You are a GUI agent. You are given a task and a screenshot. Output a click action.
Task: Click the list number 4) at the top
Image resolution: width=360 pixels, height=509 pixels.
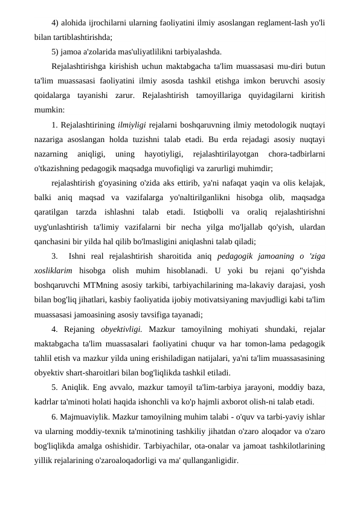coord(56,24)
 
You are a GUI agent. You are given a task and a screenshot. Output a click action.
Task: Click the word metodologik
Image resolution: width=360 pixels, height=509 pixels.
coord(262,125)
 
